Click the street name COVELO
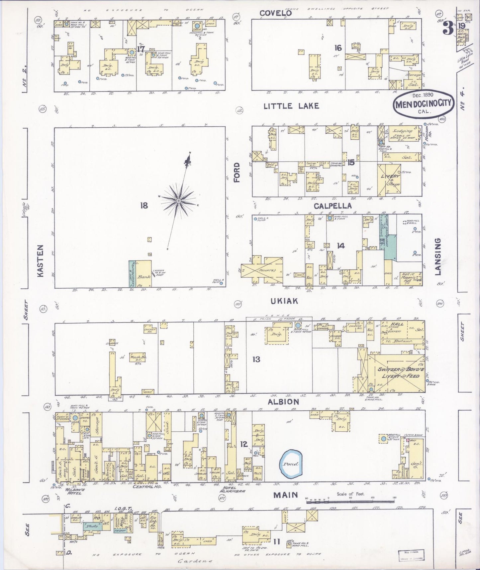(x=275, y=13)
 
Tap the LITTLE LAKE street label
(x=291, y=106)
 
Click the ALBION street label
(x=284, y=402)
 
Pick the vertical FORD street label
(x=237, y=172)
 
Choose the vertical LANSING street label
(x=437, y=256)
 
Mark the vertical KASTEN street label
(x=41, y=261)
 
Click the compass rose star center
(x=179, y=201)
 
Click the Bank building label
(x=145, y=276)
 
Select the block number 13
(x=256, y=359)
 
